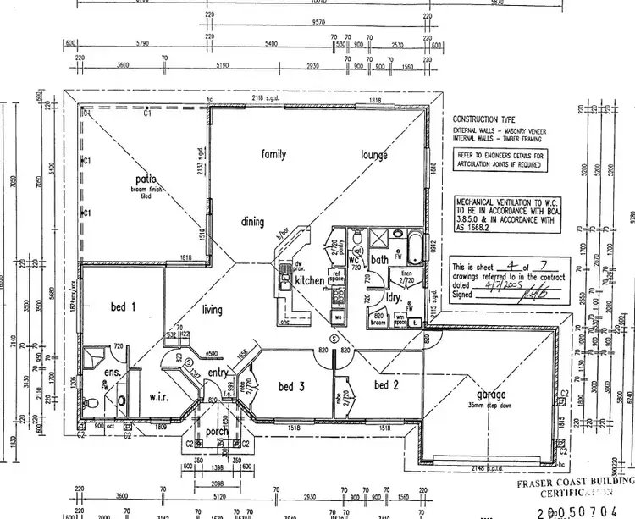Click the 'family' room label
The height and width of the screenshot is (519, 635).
tap(273, 155)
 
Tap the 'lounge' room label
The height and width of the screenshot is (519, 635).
tap(373, 155)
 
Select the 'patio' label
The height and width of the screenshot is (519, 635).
tap(146, 179)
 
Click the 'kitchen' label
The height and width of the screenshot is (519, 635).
tap(310, 280)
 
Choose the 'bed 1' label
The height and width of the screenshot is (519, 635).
tap(123, 307)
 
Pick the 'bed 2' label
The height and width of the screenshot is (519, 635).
tap(387, 385)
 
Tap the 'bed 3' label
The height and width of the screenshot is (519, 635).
tap(290, 387)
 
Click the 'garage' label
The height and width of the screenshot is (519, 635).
tap(491, 395)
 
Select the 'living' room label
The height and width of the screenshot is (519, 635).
tap(212, 310)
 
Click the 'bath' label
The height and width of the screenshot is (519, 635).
tap(379, 258)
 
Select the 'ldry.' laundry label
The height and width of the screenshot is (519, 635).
tap(393, 299)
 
